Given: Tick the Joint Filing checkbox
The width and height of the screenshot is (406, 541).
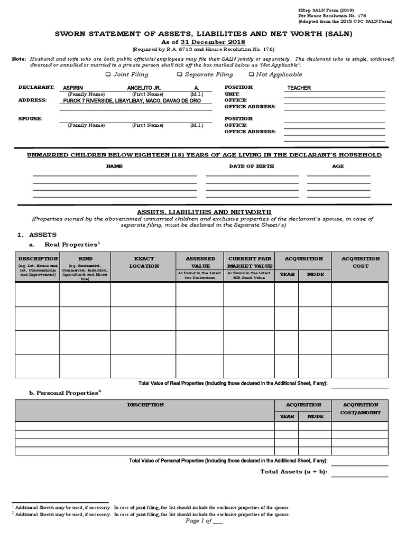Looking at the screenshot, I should pyautogui.click(x=108, y=74).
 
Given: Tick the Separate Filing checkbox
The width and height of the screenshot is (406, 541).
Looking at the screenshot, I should pyautogui.click(x=180, y=74).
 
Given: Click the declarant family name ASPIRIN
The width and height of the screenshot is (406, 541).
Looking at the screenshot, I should pyautogui.click(x=73, y=88).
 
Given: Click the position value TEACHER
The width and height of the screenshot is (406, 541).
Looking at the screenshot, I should pyautogui.click(x=299, y=88).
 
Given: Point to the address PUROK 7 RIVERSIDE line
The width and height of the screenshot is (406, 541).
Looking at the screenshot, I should pyautogui.click(x=132, y=100).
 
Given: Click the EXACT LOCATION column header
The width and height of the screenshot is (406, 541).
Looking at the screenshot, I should pyautogui.click(x=144, y=263).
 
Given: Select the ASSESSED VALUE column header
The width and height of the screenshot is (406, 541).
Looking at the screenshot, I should pyautogui.click(x=200, y=263).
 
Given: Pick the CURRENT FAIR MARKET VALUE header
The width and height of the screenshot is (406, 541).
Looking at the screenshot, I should pyautogui.click(x=250, y=263).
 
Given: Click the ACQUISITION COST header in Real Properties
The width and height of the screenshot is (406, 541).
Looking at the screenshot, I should pyautogui.click(x=361, y=263).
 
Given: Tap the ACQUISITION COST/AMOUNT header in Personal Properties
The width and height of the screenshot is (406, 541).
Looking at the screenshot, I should pyautogui.click(x=361, y=408).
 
